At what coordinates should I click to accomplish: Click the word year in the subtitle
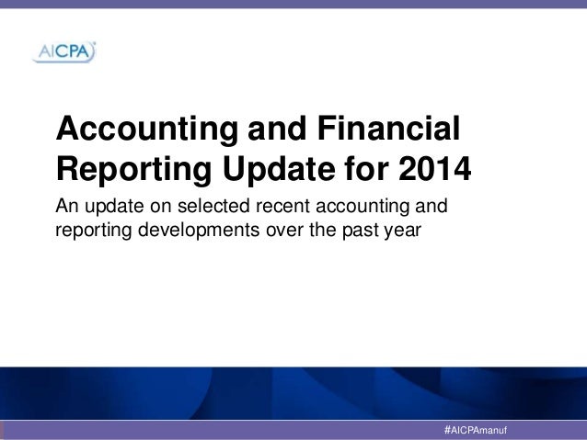(x=401, y=229)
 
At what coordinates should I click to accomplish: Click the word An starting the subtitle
(x=68, y=205)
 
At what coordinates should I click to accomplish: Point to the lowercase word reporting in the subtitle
(x=94, y=229)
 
